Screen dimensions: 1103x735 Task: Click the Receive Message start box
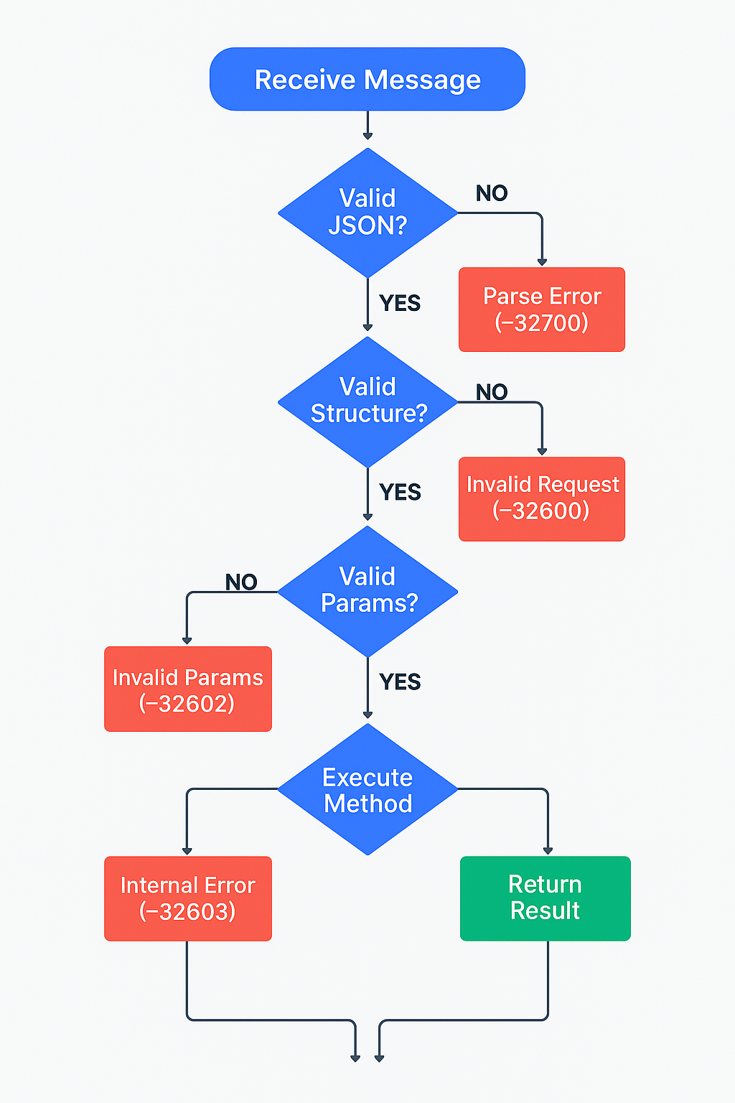[367, 79]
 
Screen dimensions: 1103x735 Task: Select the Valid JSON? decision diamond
[367, 213]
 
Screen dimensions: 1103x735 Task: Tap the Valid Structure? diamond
[367, 401]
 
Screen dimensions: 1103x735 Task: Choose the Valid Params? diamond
[367, 591]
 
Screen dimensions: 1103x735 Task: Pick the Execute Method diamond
[367, 789]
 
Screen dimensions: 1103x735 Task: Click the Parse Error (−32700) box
[542, 310]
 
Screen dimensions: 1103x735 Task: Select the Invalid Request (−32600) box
[542, 498]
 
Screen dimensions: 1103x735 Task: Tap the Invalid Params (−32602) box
[188, 689]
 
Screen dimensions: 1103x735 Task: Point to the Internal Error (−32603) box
[188, 898]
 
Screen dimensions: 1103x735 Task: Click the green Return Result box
[546, 898]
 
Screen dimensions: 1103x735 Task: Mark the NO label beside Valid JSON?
[492, 193]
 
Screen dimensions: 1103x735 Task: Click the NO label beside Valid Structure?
[492, 392]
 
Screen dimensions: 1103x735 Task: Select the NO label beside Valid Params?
[241, 582]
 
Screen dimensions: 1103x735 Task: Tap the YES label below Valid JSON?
[400, 303]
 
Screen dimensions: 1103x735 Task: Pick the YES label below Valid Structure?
[400, 492]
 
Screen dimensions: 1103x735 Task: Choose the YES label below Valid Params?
[400, 681]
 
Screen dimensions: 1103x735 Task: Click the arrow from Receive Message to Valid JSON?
[367, 125]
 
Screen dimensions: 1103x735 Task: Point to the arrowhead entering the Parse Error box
[542, 262]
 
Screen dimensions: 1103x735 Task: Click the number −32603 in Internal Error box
[188, 911]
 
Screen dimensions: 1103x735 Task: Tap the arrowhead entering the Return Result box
[548, 851]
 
